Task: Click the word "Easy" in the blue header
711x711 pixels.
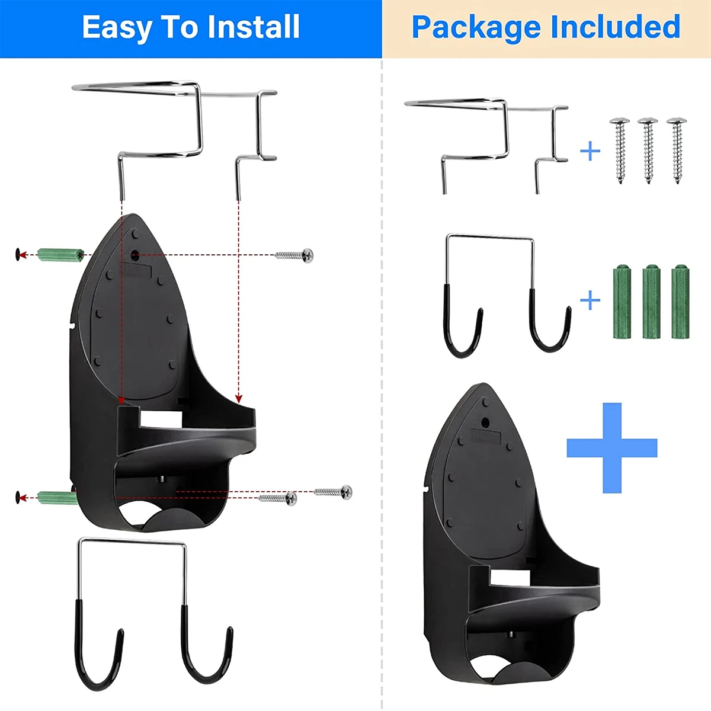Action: click(x=117, y=28)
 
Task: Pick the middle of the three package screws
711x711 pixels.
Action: click(x=648, y=150)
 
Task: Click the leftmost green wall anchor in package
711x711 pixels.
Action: click(x=622, y=302)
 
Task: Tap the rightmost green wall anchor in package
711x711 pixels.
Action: click(x=680, y=302)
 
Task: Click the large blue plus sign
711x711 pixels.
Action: click(x=612, y=448)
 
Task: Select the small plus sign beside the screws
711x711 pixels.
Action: click(x=590, y=151)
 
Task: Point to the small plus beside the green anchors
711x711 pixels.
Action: click(x=590, y=300)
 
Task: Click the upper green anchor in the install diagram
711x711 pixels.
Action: click(x=61, y=255)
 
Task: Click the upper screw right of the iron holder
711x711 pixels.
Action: click(x=294, y=255)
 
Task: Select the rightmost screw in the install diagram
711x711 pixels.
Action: click(x=333, y=492)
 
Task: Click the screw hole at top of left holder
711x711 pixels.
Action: click(x=134, y=255)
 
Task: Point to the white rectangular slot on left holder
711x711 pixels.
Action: click(x=161, y=420)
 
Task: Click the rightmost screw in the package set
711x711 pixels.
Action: click(x=677, y=150)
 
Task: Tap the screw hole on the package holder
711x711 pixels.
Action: click(x=486, y=422)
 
